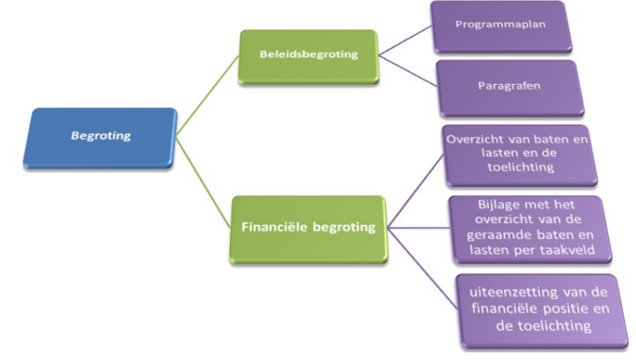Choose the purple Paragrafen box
coord(510,86)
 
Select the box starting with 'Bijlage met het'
coord(519,228)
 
